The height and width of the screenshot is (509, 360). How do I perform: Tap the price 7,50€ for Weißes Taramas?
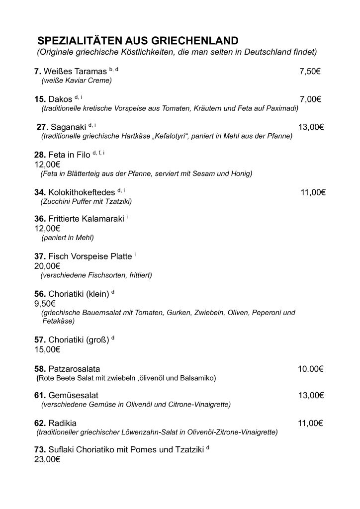click(309, 72)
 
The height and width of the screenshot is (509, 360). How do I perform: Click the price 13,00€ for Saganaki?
click(311, 127)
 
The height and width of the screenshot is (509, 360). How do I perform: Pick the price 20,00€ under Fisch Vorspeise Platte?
click(47, 265)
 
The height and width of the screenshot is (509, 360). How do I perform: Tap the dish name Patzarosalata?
click(74, 369)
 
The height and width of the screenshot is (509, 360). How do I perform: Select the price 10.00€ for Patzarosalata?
click(311, 369)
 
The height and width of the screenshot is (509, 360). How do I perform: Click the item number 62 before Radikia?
click(40, 424)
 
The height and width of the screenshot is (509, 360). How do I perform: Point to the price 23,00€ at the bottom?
click(47, 460)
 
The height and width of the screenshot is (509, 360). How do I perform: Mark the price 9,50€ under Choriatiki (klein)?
click(45, 303)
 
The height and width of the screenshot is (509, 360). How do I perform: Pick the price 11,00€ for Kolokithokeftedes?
click(313, 192)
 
